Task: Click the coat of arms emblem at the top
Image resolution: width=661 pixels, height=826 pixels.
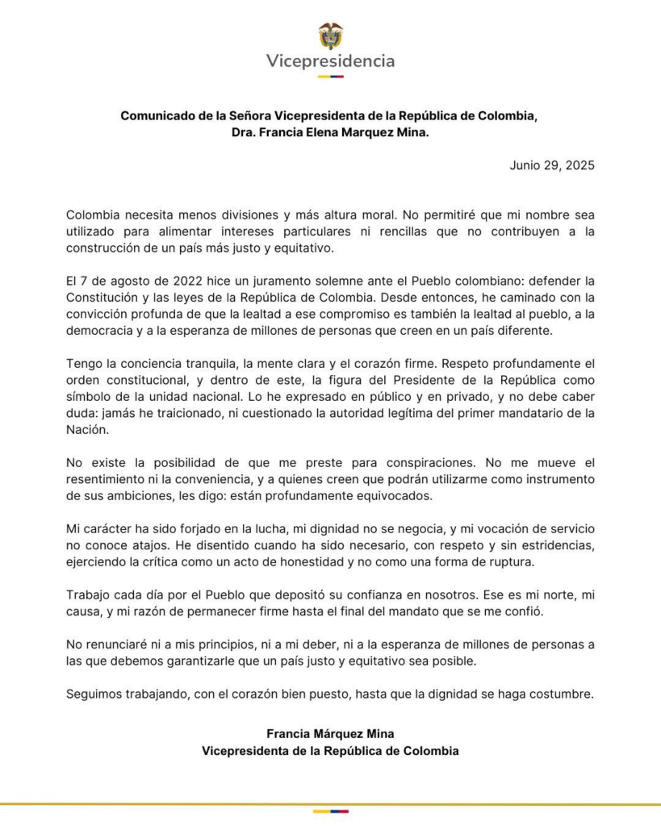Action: tap(331, 35)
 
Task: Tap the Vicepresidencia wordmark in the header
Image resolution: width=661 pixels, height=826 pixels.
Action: tap(331, 61)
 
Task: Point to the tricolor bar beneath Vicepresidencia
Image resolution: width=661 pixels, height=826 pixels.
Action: tap(331, 77)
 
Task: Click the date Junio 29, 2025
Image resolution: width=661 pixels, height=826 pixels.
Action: tap(552, 165)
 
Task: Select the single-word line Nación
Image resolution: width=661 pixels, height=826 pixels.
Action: tap(86, 430)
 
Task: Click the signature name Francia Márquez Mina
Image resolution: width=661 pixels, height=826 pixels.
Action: tap(331, 734)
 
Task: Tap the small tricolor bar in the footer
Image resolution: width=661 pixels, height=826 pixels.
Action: tap(331, 811)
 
